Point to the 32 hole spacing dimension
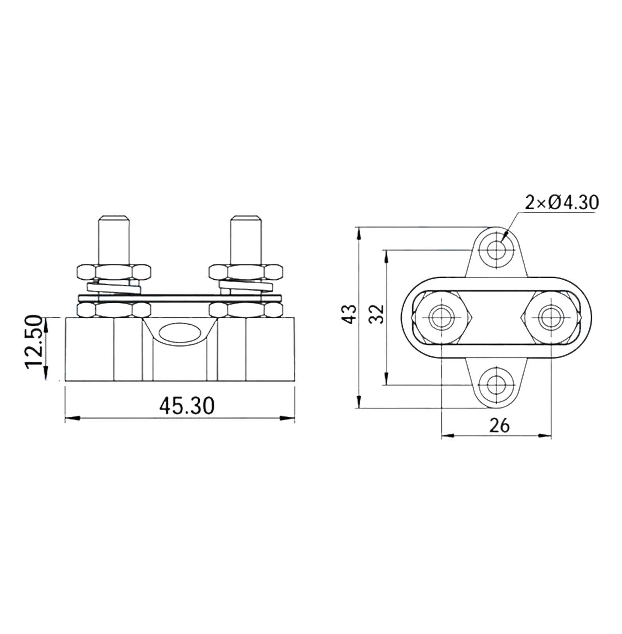tap(376, 313)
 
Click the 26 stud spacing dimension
tap(500, 426)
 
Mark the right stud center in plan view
tap(551, 317)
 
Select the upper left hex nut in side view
tap(113, 272)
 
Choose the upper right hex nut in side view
tap(246, 272)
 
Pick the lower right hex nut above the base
tap(246, 309)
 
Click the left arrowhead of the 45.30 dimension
tap(70, 418)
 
